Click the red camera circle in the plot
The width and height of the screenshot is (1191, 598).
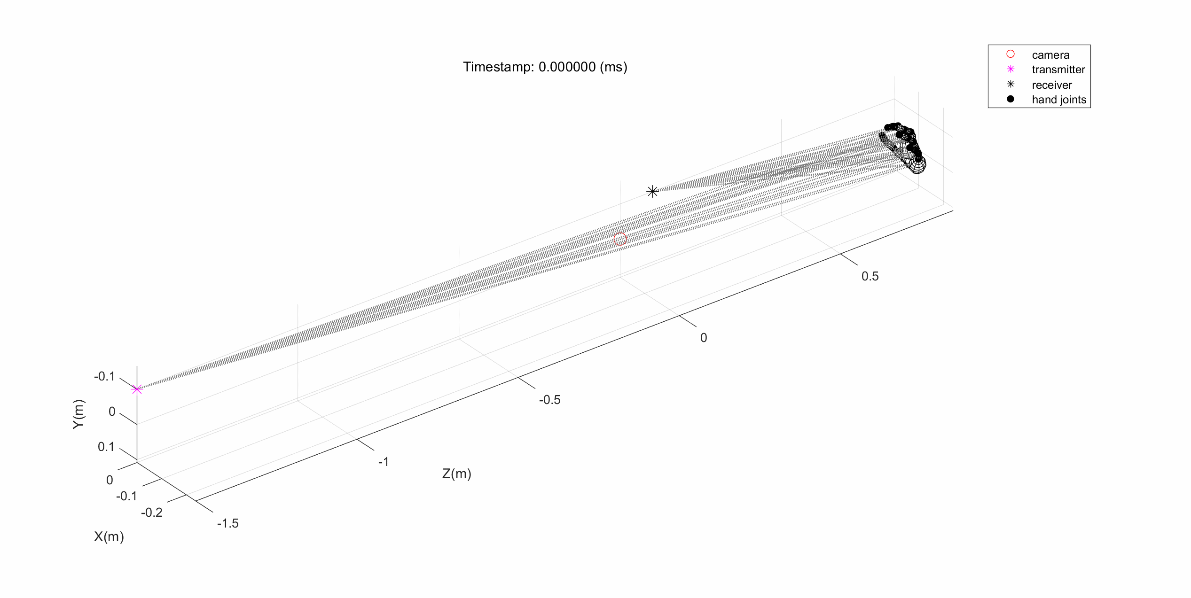click(x=620, y=239)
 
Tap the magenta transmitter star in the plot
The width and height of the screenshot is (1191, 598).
click(x=137, y=389)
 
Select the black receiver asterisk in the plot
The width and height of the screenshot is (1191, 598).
click(x=652, y=191)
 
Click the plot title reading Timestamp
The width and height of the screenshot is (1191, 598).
click(x=545, y=67)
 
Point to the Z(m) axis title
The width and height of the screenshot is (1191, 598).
click(x=456, y=474)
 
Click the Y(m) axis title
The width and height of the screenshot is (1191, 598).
click(x=78, y=414)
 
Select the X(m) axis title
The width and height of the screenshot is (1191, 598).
click(x=109, y=536)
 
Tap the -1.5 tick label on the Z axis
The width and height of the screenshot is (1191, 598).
click(x=228, y=523)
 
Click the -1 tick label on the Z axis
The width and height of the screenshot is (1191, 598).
click(x=384, y=462)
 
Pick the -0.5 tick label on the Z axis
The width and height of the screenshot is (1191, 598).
click(x=549, y=400)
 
